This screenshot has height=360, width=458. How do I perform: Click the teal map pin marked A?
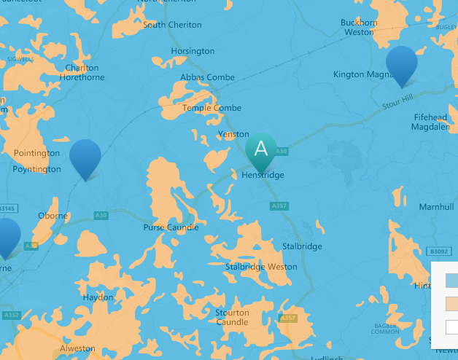pos(260,149)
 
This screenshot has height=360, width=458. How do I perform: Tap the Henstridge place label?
pos(263,175)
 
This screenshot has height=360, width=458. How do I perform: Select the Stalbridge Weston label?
pos(261,267)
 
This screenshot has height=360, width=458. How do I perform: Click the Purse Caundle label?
pos(171,227)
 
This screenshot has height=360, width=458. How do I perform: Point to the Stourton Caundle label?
pos(232,317)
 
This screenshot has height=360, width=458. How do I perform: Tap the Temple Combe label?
pos(211,108)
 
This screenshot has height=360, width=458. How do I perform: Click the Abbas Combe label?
pos(208,77)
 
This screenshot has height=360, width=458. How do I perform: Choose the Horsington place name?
pos(193,51)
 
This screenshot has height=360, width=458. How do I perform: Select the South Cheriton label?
pos(172,25)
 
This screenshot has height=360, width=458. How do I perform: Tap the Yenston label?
pos(233,134)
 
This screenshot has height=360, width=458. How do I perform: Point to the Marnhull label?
pos(436,207)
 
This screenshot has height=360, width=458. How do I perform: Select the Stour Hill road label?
pos(397,103)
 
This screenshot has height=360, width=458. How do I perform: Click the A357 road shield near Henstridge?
pos(279,206)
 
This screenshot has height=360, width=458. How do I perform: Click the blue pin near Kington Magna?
pos(401,64)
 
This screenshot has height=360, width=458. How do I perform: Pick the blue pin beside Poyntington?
pos(85,157)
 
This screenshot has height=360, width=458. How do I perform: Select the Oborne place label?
pos(53,216)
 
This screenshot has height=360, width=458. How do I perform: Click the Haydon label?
pos(98,297)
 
